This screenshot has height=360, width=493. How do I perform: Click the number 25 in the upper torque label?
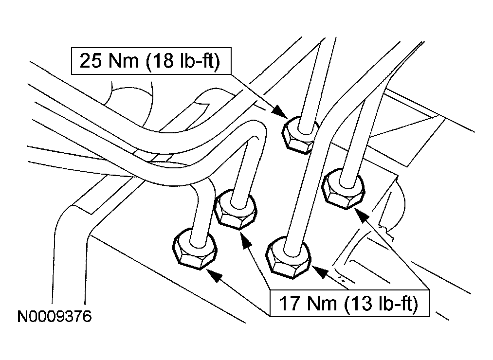pyautogui.click(x=91, y=61)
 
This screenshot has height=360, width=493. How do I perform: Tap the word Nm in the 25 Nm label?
pyautogui.click(x=124, y=61)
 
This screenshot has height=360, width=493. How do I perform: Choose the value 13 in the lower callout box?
pyautogui.click(x=362, y=304)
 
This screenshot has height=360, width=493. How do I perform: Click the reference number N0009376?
pyautogui.click(x=55, y=316)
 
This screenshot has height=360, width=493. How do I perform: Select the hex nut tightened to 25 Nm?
pyautogui.click(x=301, y=135)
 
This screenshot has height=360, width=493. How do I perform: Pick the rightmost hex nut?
pyautogui.click(x=344, y=189)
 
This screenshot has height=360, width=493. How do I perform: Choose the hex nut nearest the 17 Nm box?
pyautogui.click(x=289, y=258)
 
